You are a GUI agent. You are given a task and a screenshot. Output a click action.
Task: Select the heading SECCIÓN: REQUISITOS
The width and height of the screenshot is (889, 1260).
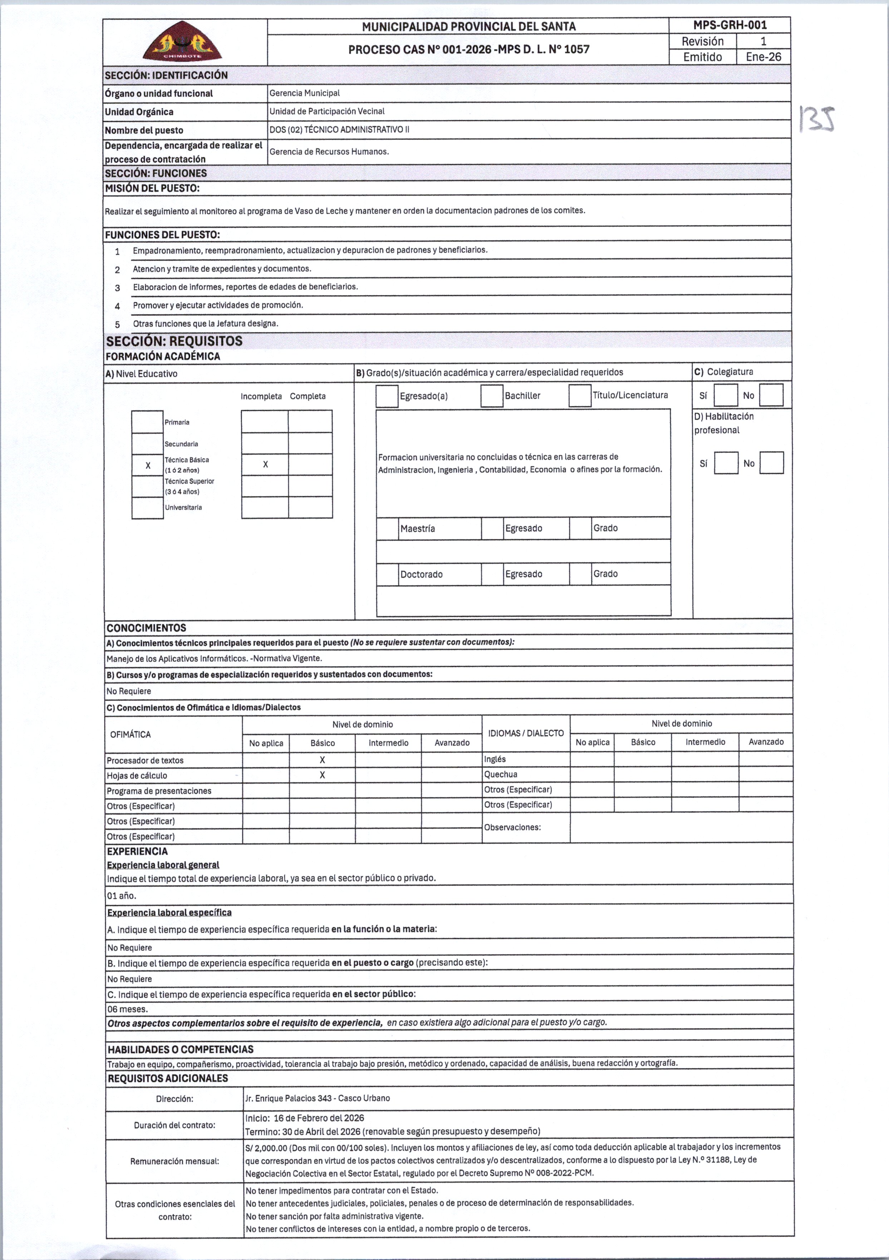pos(174,341)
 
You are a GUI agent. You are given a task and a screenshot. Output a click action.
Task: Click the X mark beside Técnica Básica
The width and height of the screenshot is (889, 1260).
pos(148,466)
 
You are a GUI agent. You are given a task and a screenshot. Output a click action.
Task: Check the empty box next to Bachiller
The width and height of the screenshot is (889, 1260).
pos(492,396)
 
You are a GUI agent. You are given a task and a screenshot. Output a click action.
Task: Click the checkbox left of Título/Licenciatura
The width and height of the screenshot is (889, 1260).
pos(580,396)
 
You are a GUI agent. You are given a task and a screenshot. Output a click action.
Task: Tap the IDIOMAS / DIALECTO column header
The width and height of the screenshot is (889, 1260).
pos(526,733)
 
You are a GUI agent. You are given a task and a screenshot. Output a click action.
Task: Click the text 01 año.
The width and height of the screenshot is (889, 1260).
pos(121,896)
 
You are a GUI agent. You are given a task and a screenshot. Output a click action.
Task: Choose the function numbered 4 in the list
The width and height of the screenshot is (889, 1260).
pos(217,305)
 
